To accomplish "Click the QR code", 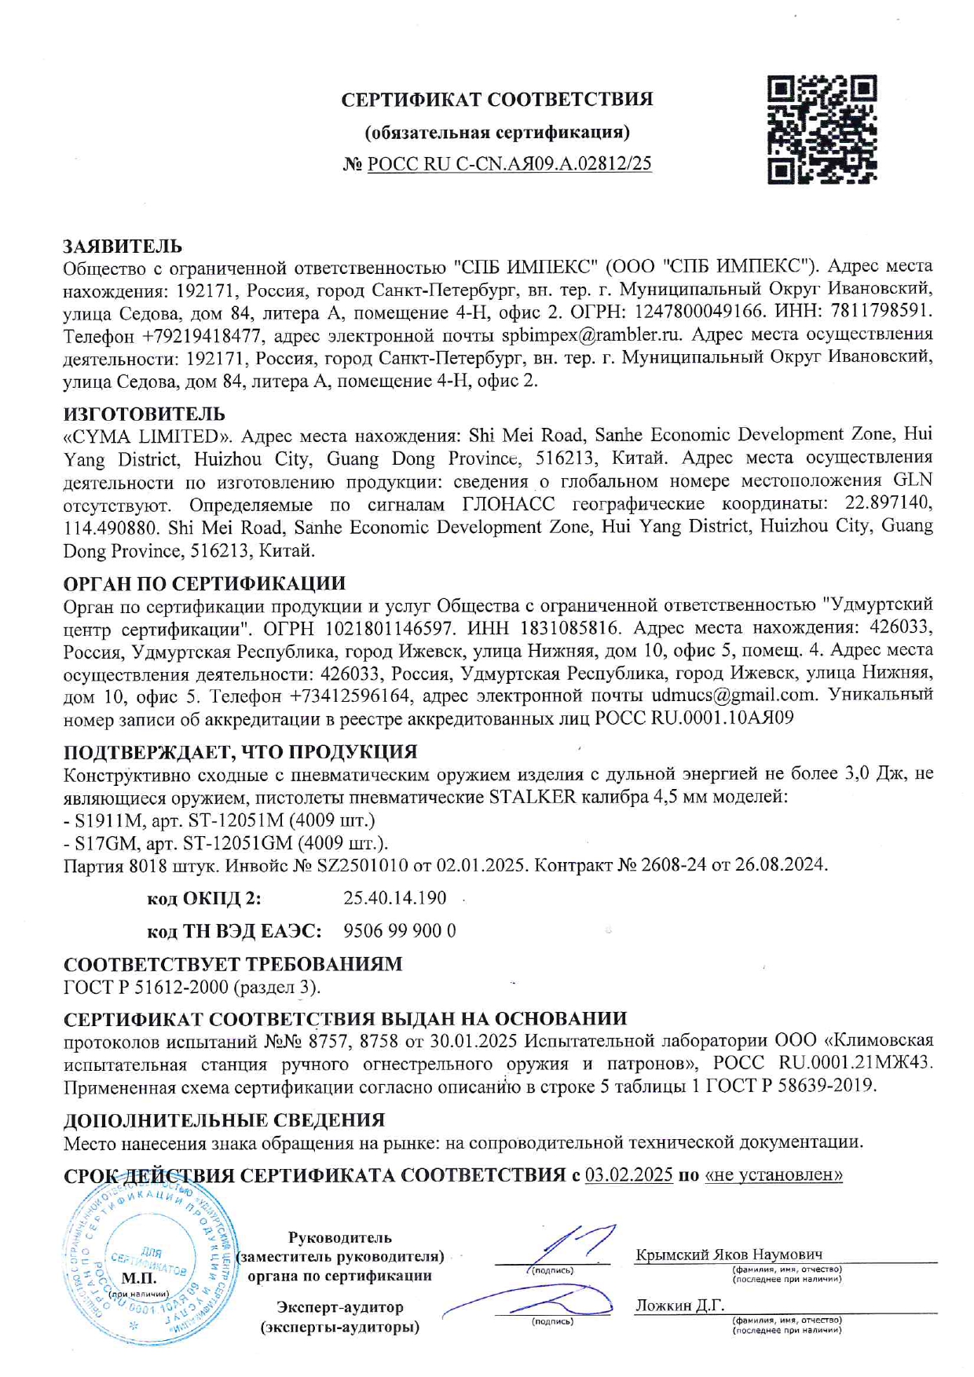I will [x=822, y=130].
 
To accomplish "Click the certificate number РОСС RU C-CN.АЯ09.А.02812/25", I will [x=509, y=164].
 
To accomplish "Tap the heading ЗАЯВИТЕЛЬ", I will [x=123, y=247].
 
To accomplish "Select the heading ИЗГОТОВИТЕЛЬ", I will [x=144, y=414].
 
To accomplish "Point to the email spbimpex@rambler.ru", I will [x=591, y=335].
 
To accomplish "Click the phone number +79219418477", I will [x=202, y=336].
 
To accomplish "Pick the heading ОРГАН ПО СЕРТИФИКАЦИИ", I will [x=204, y=583].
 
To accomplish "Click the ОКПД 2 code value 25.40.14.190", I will [x=395, y=898].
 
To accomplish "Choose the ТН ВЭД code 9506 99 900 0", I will [x=400, y=931].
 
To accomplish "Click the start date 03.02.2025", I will [x=628, y=1175].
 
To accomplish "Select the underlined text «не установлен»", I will [x=774, y=1175].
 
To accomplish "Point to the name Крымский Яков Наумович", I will [x=728, y=1254].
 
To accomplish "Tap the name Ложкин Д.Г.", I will [x=679, y=1305].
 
